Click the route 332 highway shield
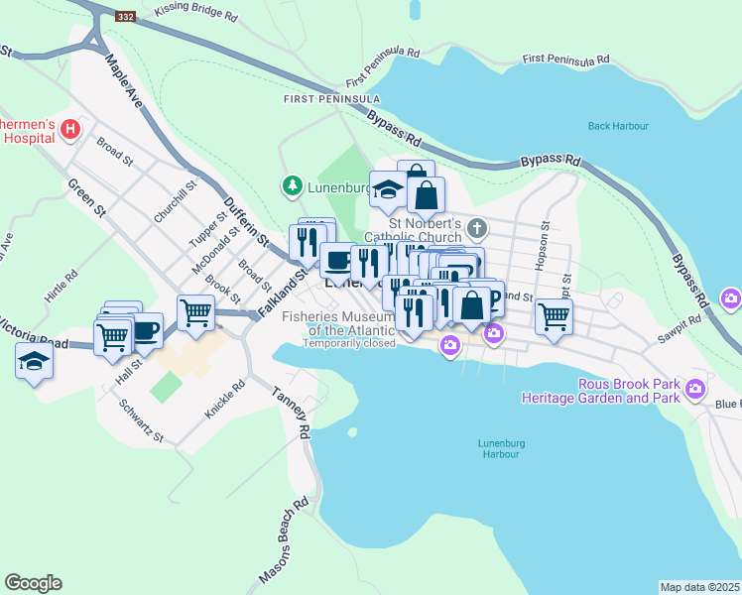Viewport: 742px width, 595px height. point(124,17)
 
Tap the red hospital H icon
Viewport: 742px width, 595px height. point(70,128)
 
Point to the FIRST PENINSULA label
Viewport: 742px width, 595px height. point(331,99)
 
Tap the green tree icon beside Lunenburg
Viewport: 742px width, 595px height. point(293,185)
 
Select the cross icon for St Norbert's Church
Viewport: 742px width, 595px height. point(476,229)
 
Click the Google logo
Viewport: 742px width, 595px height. point(33,583)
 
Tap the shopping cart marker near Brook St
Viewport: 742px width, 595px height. point(196,312)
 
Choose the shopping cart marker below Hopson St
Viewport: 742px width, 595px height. point(554,316)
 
